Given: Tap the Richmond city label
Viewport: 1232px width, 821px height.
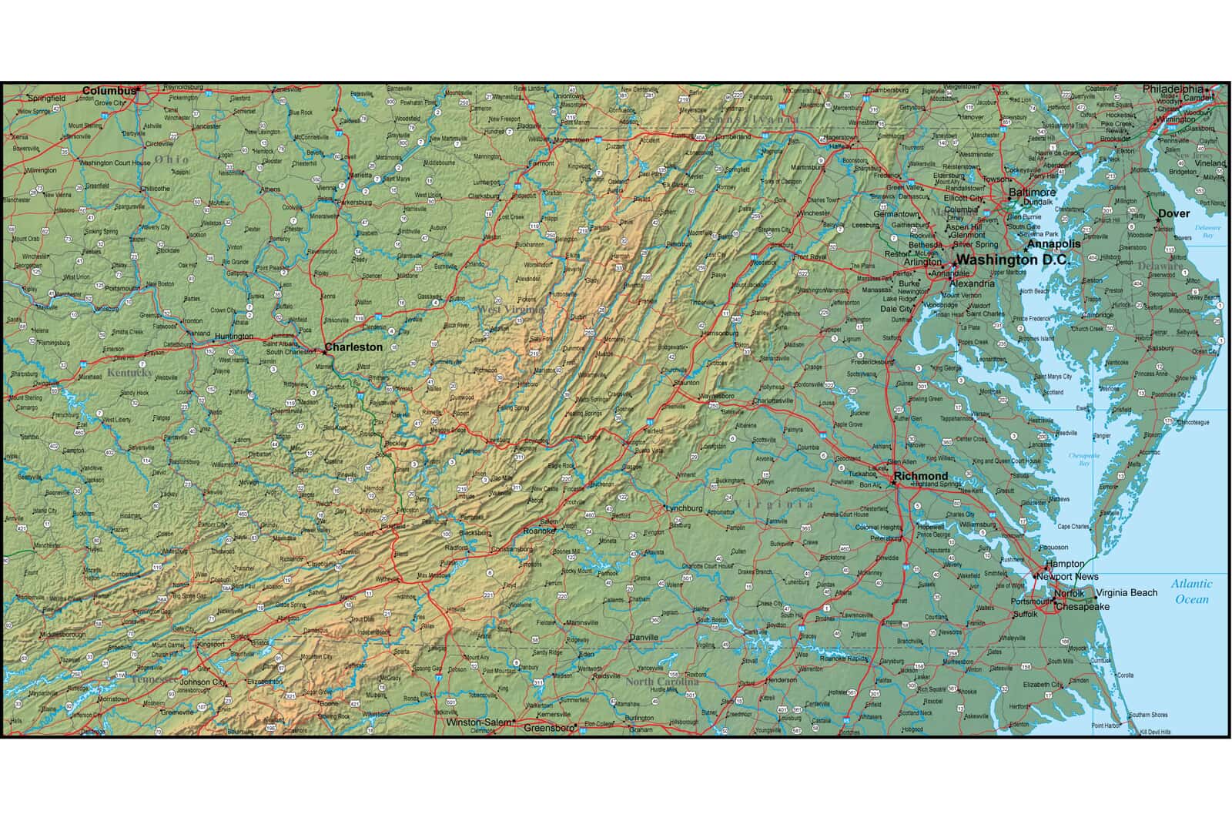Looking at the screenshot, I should click(921, 476).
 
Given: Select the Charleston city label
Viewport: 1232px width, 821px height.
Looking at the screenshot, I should click(353, 347).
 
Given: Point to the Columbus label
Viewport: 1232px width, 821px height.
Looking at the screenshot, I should click(109, 91).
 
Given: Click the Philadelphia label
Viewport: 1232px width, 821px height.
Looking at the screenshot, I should click(1172, 89).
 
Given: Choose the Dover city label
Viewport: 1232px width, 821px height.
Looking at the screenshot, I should click(1174, 213).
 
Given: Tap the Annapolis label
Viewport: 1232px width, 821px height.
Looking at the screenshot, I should click(1053, 243).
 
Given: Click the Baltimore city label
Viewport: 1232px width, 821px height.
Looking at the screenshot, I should click(1033, 192).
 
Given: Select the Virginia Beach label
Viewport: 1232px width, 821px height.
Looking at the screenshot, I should click(1127, 592).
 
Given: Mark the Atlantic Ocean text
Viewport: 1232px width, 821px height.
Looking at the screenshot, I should click(1191, 591).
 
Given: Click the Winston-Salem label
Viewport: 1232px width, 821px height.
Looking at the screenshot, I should click(478, 722).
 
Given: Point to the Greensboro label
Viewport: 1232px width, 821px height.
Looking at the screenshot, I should click(550, 727).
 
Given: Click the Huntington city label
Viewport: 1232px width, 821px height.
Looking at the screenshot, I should click(233, 337).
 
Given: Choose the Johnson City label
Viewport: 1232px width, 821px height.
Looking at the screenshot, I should click(203, 682).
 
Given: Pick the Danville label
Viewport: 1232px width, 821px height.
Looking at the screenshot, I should click(644, 638).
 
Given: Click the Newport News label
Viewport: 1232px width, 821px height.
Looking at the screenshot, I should click(1067, 577).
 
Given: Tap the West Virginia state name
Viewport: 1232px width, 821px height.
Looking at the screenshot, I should click(511, 309).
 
